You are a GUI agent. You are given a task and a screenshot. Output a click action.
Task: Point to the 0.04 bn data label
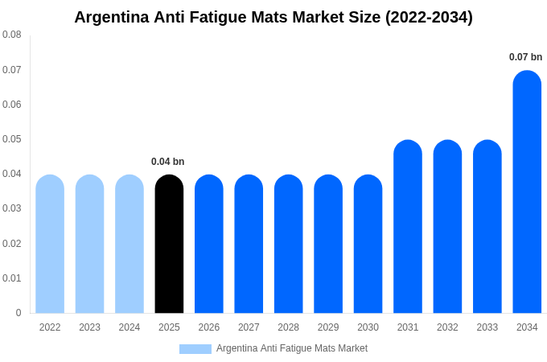coord(167,162)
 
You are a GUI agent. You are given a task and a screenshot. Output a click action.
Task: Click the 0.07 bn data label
coord(525,57)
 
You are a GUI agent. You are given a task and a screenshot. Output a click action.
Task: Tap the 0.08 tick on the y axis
coord(12,35)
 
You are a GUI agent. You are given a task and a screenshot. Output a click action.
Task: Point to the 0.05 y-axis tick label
coord(12,139)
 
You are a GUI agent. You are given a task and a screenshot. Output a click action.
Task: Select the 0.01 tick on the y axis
coord(12,278)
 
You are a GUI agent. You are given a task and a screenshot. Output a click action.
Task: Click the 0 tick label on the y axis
coord(19,313)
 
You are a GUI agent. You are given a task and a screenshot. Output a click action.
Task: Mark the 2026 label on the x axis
coord(209,327)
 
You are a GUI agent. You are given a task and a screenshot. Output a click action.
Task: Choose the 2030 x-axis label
coord(368,327)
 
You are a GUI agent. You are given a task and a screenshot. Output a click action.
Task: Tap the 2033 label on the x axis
coord(487,327)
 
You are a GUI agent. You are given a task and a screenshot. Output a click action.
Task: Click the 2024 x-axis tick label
coord(130,327)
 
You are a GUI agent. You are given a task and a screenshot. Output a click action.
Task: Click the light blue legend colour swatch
coord(195,349)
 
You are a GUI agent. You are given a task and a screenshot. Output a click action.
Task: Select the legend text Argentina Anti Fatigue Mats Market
coord(292,348)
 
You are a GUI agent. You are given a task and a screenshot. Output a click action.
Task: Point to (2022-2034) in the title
coord(429,17)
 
